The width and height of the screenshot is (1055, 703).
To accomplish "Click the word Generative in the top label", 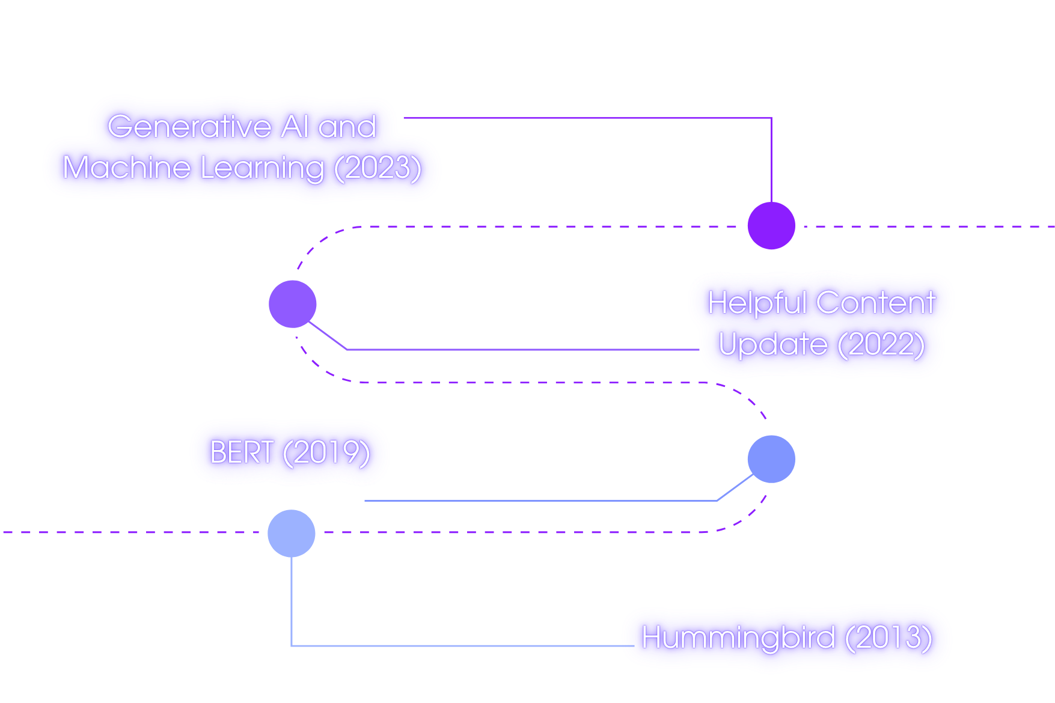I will tap(190, 127).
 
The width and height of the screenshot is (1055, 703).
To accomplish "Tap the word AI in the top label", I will tap(295, 127).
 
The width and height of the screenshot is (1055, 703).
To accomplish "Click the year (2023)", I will tap(378, 168).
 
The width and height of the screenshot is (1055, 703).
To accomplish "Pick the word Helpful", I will tap(757, 303).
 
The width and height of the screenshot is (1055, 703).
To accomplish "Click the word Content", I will tap(876, 302).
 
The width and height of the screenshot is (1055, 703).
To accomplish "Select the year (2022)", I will tap(881, 344).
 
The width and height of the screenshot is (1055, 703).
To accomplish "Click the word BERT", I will tap(242, 452).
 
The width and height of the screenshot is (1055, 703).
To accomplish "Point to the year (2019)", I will tap(326, 452).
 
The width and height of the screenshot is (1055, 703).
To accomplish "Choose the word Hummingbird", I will tap(738, 638).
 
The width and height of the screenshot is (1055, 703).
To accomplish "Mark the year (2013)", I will tap(888, 638).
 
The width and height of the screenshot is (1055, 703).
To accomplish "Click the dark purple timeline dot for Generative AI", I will tap(771, 226).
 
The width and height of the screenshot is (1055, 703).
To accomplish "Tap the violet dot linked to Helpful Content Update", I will tap(293, 304).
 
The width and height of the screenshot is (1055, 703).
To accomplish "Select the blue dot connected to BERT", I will tap(771, 459).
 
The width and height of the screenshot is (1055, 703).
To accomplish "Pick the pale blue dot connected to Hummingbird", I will tap(292, 533).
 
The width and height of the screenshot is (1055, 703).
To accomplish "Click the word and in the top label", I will tap(347, 127).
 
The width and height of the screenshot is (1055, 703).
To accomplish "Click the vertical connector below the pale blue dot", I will tap(292, 601).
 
